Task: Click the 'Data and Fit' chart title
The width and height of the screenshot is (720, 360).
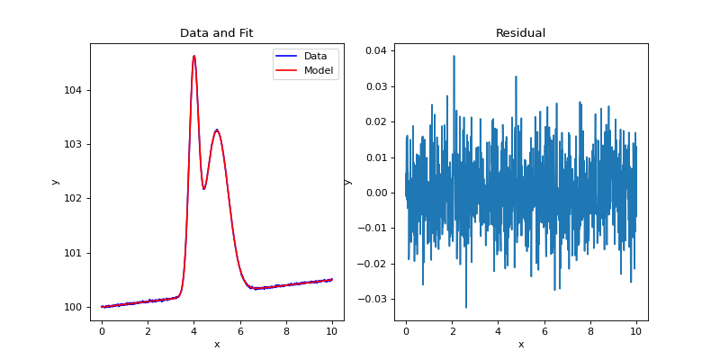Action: tap(216, 33)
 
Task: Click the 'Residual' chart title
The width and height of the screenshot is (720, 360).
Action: tap(520, 33)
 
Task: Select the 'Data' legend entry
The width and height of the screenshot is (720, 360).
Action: tap(315, 56)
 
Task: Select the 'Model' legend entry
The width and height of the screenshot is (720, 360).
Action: tap(319, 70)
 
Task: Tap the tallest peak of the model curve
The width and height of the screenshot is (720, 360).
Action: tap(193, 56)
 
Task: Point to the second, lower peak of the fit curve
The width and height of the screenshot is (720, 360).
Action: tap(217, 130)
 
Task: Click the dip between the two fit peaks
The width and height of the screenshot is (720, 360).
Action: tap(204, 189)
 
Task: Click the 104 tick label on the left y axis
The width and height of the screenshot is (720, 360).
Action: tap(73, 90)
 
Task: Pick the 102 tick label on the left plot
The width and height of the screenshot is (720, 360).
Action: tap(73, 198)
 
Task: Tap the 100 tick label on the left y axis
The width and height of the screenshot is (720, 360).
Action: tap(73, 307)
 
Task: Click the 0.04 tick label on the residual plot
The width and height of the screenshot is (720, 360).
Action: tap(374, 50)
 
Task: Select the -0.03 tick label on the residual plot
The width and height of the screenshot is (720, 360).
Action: tap(372, 299)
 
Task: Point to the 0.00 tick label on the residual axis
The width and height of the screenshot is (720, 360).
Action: tap(374, 193)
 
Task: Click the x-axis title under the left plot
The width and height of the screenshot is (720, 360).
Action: tap(216, 344)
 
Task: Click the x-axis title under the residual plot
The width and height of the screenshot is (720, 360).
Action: tap(520, 344)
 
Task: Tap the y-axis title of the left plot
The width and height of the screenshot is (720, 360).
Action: tap(55, 182)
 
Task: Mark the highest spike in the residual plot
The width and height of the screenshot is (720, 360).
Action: tap(454, 56)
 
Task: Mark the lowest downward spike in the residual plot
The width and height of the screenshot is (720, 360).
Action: tap(466, 308)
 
